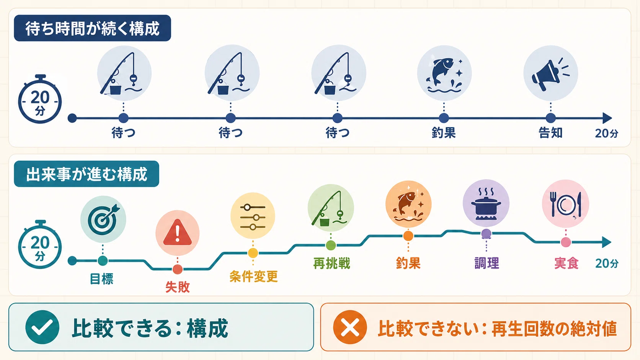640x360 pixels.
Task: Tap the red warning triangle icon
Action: point(178,233)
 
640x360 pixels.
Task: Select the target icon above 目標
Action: point(103,219)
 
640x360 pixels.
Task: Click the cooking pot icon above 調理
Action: point(486,203)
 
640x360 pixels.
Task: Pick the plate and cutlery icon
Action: point(565,204)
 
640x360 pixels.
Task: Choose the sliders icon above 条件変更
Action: point(253,217)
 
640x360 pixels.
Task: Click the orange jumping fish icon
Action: point(408,204)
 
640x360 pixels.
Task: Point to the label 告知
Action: point(550,133)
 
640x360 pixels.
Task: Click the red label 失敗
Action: point(178,287)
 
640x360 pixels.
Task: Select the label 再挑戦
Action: point(331,263)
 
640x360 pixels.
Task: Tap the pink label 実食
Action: point(566,263)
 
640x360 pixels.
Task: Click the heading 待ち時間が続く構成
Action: point(92,29)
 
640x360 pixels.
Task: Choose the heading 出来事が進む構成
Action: point(87,174)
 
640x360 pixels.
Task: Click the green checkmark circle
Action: point(42,327)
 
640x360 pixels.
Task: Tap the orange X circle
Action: point(350,327)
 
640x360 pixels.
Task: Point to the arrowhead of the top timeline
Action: point(607,118)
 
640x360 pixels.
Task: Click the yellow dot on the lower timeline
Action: point(253,253)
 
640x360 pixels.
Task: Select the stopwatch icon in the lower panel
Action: point(40,244)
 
